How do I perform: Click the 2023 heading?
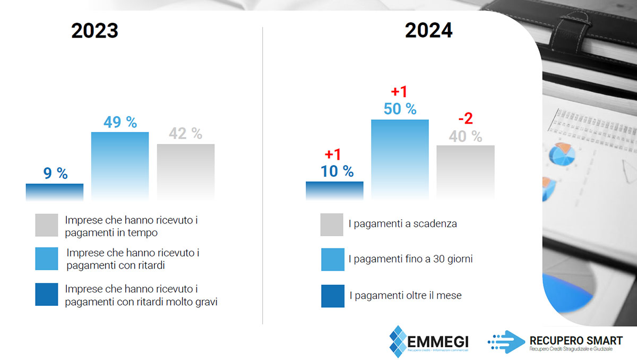click(94, 31)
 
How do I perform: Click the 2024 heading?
click(428, 31)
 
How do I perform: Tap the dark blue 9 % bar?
click(55, 192)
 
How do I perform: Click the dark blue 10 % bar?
click(334, 190)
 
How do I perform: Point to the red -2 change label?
click(465, 118)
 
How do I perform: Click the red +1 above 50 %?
click(399, 91)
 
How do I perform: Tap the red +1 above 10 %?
click(332, 155)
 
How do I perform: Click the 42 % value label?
click(186, 134)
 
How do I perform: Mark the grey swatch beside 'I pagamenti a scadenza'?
click(332, 225)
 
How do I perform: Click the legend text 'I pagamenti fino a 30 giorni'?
click(410, 259)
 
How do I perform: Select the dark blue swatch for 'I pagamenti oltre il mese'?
click(332, 296)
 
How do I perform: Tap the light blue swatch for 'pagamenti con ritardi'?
click(47, 259)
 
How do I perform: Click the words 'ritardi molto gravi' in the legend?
click(179, 302)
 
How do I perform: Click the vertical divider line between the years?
click(263, 175)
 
